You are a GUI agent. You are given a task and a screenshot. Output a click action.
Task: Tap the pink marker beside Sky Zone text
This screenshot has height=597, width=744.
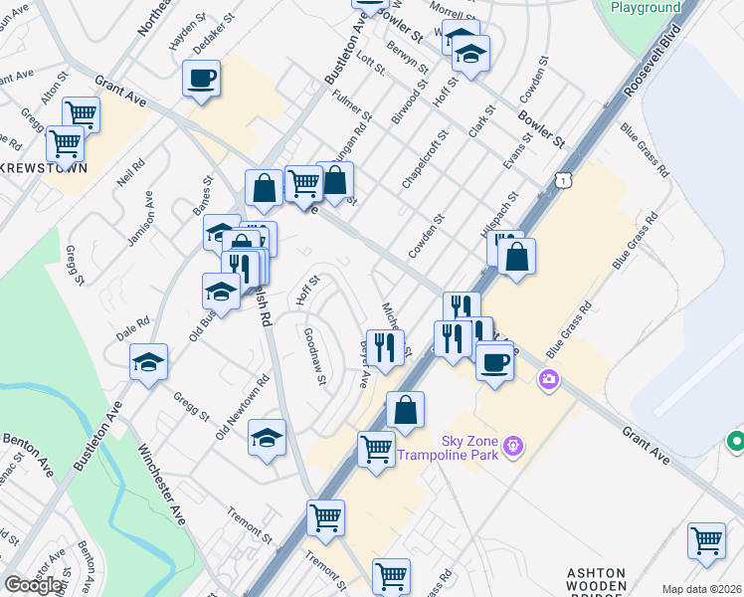[512, 444]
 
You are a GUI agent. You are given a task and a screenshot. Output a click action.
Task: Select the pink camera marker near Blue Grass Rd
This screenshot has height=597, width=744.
[548, 379]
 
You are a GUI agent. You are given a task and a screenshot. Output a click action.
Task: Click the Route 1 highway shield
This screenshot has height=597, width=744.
[564, 179]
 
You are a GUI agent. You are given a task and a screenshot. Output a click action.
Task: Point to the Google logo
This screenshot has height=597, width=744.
[33, 584]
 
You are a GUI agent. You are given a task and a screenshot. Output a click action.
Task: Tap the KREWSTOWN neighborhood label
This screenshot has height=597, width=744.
[42, 168]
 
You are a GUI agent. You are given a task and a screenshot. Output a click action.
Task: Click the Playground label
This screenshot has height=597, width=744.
[646, 8]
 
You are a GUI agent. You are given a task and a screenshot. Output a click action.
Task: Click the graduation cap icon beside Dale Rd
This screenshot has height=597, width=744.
[148, 362]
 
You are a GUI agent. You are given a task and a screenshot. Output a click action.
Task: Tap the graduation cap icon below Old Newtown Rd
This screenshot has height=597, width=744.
[267, 438]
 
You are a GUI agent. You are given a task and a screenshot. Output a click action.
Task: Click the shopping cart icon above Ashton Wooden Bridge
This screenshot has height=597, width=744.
[706, 541]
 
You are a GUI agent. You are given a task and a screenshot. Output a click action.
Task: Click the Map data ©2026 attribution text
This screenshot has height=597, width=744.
[702, 589]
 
